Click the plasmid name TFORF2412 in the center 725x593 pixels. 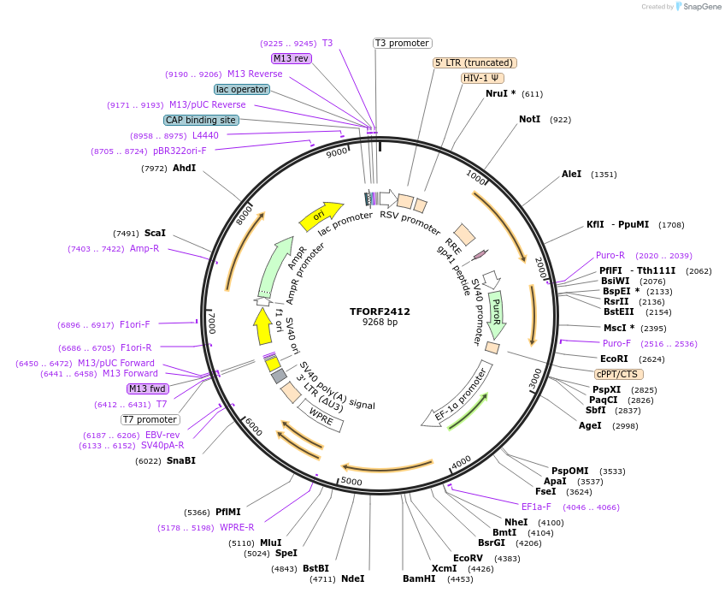(380, 311)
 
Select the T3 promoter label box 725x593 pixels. (403, 43)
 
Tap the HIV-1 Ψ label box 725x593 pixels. (483, 78)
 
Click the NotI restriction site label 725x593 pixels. (530, 119)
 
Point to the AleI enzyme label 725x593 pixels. (571, 174)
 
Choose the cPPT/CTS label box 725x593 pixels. (619, 374)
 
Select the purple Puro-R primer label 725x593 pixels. (610, 255)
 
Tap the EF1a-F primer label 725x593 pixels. (536, 507)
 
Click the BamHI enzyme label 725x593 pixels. (419, 578)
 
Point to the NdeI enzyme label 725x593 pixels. (352, 578)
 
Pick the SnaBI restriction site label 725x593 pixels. (181, 460)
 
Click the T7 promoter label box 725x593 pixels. (150, 419)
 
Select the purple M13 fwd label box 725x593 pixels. (148, 388)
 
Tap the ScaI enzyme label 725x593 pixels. (155, 233)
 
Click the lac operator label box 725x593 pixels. (242, 89)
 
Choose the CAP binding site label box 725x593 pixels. (201, 120)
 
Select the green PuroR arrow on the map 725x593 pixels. (496, 314)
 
